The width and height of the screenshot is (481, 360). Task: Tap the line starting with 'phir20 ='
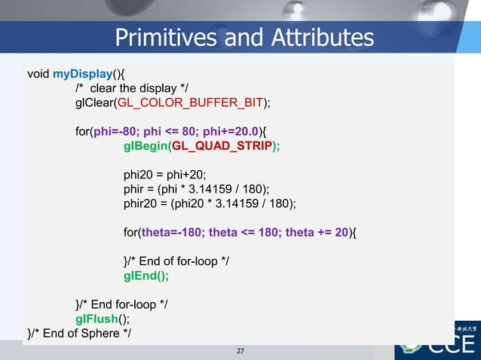pos(210,203)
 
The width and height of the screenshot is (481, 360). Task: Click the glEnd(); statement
pos(146,276)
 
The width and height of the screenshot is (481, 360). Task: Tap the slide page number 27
pos(240,351)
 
